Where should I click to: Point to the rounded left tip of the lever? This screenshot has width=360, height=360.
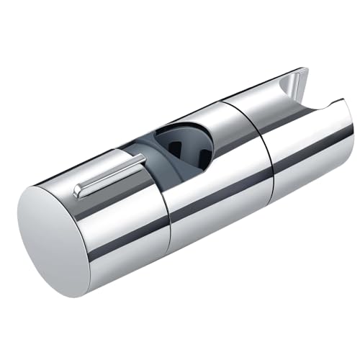pyautogui.click(x=78, y=193)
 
